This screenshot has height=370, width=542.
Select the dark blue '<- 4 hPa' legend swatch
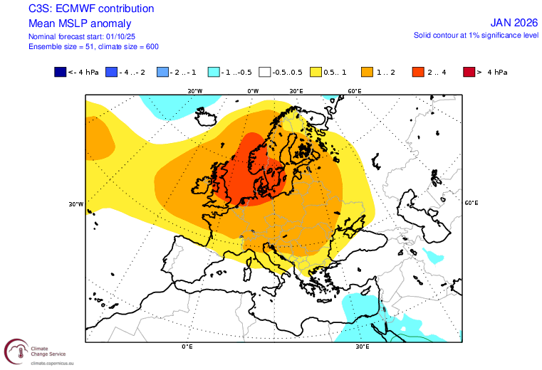point(60,72)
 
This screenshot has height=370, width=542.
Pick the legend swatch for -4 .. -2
point(112,72)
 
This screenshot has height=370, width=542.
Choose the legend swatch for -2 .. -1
point(163,72)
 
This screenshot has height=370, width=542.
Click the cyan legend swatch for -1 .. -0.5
point(214,72)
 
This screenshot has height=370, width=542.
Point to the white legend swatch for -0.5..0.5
point(266,72)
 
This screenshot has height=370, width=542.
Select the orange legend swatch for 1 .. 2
point(368,72)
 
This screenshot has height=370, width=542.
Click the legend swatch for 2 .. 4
point(419,72)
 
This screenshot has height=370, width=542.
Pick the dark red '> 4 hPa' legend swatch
point(469,72)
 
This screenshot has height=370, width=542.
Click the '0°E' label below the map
point(187,347)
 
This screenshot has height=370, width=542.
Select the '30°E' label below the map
point(362,347)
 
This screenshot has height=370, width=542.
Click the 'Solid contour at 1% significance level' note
point(476,35)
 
